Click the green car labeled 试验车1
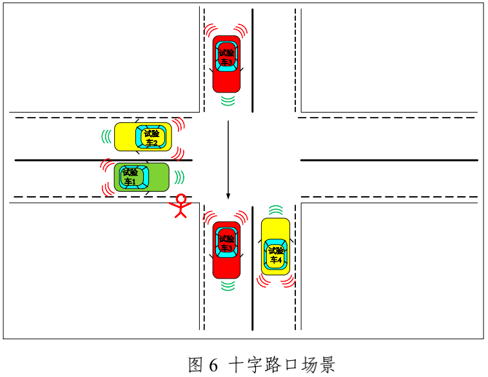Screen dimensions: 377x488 pos(142,177)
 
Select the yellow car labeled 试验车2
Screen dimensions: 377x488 pos(143,137)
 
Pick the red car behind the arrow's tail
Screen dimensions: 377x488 pos(226,63)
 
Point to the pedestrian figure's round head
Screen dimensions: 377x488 pos(181,198)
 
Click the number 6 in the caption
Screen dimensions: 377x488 pos(213,365)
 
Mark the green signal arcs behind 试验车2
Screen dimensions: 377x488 pos(105,136)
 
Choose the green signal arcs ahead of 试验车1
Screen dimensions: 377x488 pos(180,177)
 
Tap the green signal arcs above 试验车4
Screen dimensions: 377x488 pos(275,210)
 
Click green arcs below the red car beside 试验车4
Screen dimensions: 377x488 pos(226,286)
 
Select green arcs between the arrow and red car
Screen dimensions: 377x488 pos(226,100)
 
